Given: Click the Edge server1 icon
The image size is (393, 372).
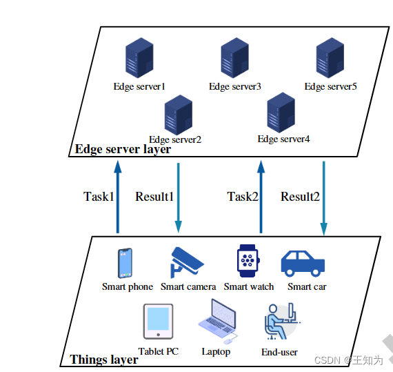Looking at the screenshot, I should pos(139,60).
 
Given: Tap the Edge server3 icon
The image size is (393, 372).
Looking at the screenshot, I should pos(234,59).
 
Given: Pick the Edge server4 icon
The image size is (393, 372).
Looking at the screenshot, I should pos(283,112).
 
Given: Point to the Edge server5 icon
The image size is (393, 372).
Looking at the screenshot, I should pos(330,59).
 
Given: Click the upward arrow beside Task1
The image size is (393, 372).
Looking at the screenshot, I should pos(117,197).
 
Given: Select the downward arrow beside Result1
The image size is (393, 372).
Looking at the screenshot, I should pos(179,197).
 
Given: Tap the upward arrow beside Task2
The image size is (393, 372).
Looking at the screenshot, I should pos(261,197).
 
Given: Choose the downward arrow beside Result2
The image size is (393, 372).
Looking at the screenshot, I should pos(324,197).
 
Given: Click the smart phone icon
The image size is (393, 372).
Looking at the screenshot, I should pos(125,263).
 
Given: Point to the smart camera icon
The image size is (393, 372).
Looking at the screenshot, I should pos(187,262).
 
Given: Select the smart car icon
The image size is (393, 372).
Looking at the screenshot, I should pos(303,263).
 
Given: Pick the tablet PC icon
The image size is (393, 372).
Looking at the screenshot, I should pos(158,321).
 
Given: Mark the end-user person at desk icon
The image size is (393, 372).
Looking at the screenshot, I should pos(281,322).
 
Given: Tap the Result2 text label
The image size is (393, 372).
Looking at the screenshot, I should pos(300,197).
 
